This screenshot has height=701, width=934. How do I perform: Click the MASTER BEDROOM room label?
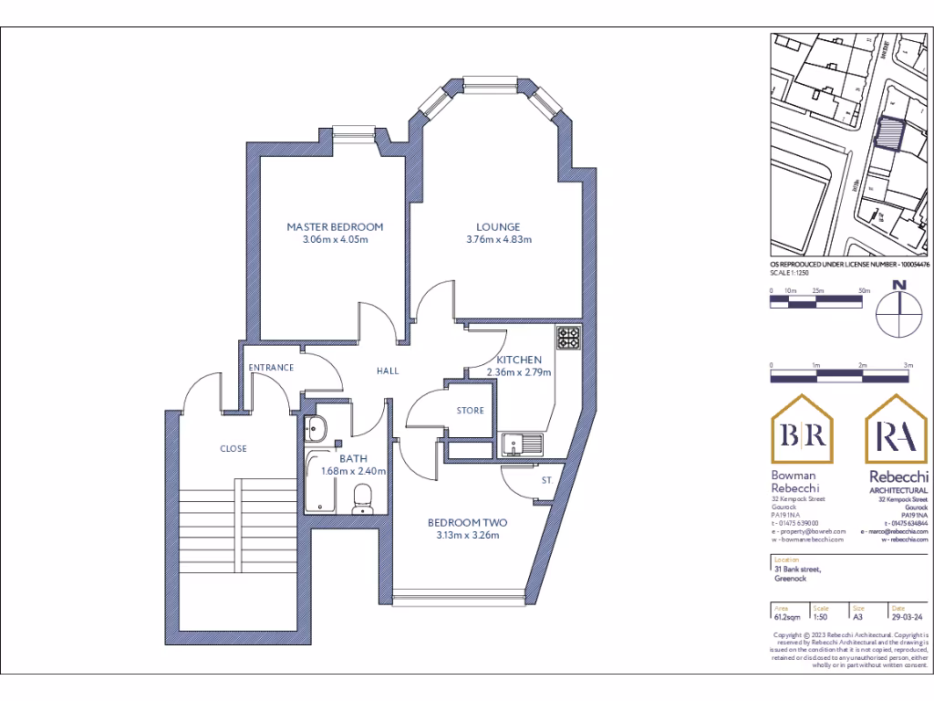[335, 226]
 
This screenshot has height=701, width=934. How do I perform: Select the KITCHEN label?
[519, 360]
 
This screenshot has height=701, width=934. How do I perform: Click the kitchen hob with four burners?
[570, 339]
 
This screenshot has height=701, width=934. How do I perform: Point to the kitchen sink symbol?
[521, 445]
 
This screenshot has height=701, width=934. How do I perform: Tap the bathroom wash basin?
[317, 427]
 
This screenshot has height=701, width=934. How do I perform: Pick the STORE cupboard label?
[470, 411]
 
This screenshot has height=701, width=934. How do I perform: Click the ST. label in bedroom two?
[547, 479]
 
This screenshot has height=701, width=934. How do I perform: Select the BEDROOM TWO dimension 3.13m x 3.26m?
[468, 536]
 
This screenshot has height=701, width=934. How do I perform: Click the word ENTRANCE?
[271, 368]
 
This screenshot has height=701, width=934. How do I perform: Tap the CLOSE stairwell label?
[233, 448]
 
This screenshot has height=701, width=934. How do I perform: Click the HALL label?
[388, 371]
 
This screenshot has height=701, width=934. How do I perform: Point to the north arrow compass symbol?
[900, 310]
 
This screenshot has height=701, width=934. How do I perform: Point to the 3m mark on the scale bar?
[907, 365]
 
